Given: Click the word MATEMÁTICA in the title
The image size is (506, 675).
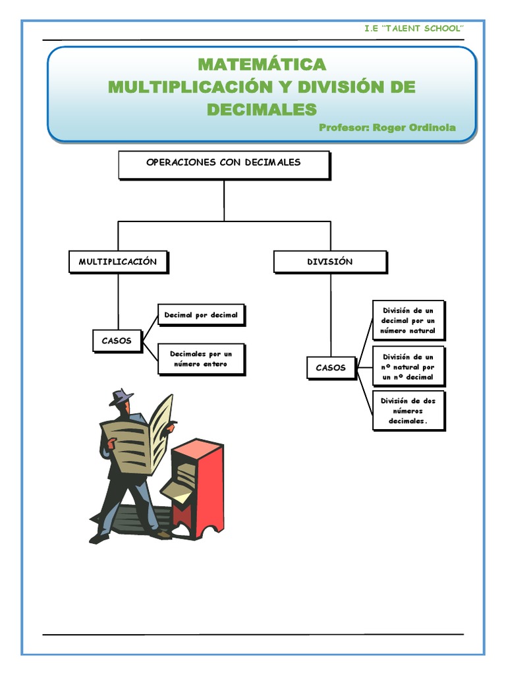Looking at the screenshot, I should point(262,65).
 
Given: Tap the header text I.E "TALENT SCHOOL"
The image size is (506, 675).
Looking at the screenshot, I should point(414,28).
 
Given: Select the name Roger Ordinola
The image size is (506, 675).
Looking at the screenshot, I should point(414,127).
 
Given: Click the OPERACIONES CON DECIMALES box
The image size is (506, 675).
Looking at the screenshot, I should point(223,163).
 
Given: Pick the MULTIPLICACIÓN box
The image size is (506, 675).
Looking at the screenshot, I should point(118,262).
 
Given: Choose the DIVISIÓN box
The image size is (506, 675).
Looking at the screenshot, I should point(330,262).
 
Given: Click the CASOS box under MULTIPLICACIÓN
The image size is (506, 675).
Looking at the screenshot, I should point(117,341).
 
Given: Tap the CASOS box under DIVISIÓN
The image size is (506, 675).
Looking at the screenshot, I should point(331,368).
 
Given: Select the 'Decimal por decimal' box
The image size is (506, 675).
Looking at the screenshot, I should point(201,315).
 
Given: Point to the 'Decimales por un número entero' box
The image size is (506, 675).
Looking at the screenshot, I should point(201,359).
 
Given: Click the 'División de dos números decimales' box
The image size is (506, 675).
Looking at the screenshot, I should point(408,411).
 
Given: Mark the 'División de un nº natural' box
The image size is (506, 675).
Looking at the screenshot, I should point(408,367).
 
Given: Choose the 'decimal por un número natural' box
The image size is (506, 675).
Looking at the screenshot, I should point(408,320).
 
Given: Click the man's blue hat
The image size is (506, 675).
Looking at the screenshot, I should point(121,397).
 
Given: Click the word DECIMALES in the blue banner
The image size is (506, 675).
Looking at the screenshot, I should point(262,109).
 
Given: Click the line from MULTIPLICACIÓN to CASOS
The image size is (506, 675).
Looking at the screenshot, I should point(118,300).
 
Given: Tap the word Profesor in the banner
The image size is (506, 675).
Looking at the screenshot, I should point(343,127).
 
